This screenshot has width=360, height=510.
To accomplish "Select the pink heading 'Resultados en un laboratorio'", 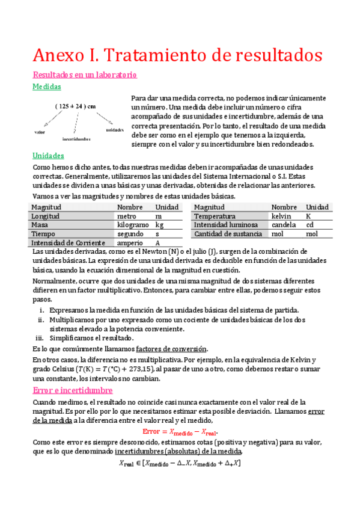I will pyautogui.click(x=85, y=75).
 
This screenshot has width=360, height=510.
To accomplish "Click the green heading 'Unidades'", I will pyautogui.click(x=48, y=156).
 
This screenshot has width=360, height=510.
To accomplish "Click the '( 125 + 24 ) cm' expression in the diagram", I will pyautogui.click(x=75, y=106).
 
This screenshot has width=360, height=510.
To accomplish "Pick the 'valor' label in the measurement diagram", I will pyautogui.click(x=40, y=132).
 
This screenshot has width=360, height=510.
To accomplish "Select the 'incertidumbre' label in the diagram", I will pyautogui.click(x=76, y=138).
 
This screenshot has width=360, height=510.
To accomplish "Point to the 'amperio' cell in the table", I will pyautogui.click(x=130, y=243).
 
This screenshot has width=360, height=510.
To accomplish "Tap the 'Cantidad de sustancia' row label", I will pyautogui.click(x=228, y=234).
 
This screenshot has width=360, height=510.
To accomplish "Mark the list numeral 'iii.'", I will pyautogui.click(x=39, y=339).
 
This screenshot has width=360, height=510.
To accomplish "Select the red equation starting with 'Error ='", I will pyautogui.click(x=180, y=432).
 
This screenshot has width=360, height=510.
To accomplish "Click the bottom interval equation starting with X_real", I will pyautogui.click(x=180, y=464).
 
